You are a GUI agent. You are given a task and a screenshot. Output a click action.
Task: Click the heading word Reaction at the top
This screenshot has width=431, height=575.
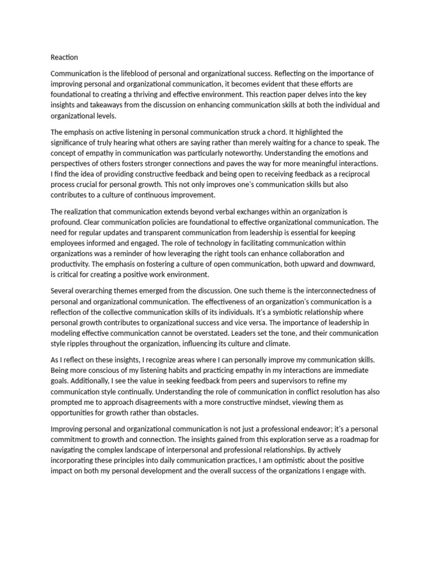pos(65,57)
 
